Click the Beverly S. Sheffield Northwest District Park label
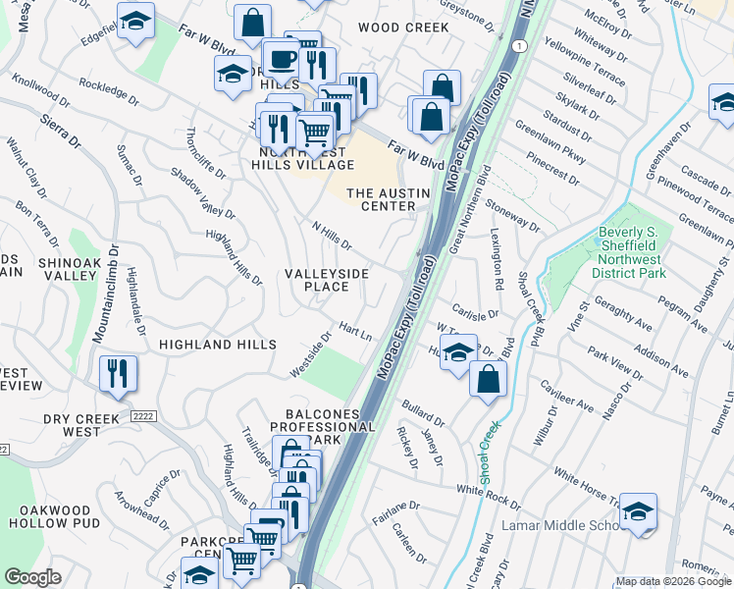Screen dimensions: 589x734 pyautogui.click(x=632, y=252)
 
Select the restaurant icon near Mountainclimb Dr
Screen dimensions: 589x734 pyautogui.click(x=118, y=373)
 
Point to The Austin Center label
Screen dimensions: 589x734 pyautogui.click(x=388, y=199)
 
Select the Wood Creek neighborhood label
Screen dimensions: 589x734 pyautogui.click(x=403, y=27)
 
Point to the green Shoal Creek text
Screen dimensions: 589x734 pyautogui.click(x=486, y=453)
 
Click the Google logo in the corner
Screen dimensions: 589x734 pyautogui.click(x=33, y=576)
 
